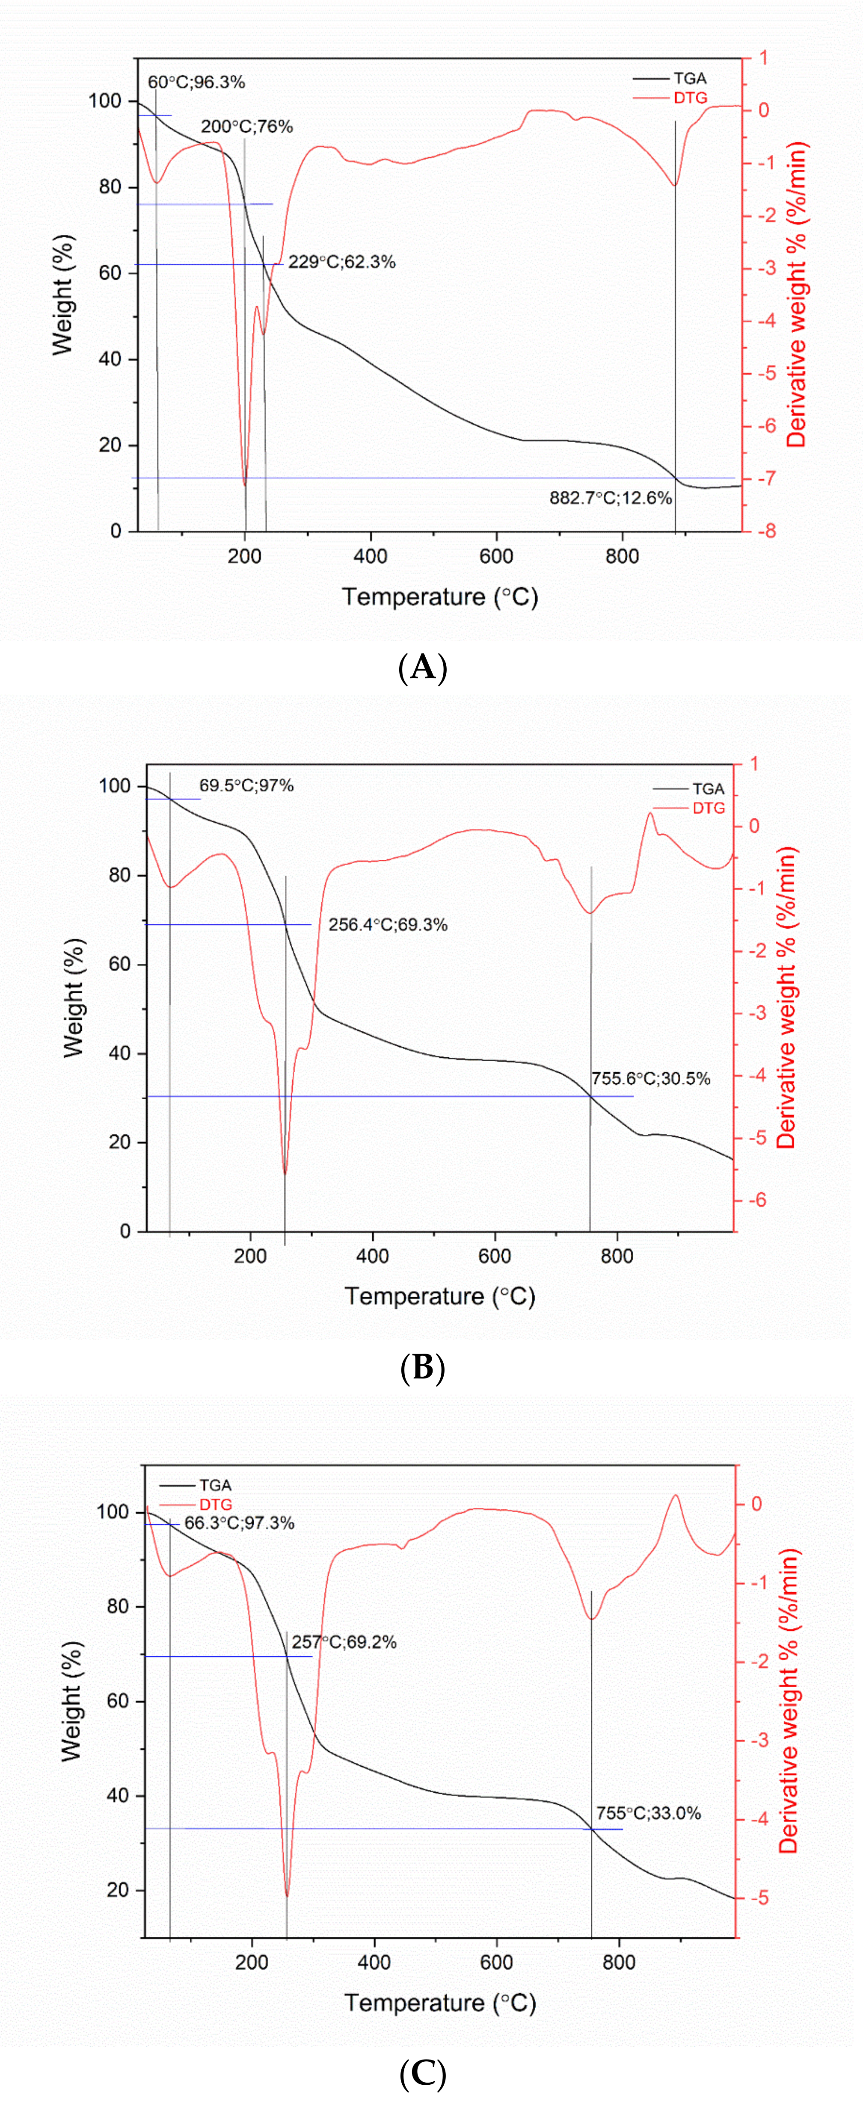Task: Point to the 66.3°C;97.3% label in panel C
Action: pos(239,1523)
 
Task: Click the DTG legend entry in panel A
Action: pos(689,98)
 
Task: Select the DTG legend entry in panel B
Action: pos(708,808)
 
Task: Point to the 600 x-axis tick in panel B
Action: pos(494,1256)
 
